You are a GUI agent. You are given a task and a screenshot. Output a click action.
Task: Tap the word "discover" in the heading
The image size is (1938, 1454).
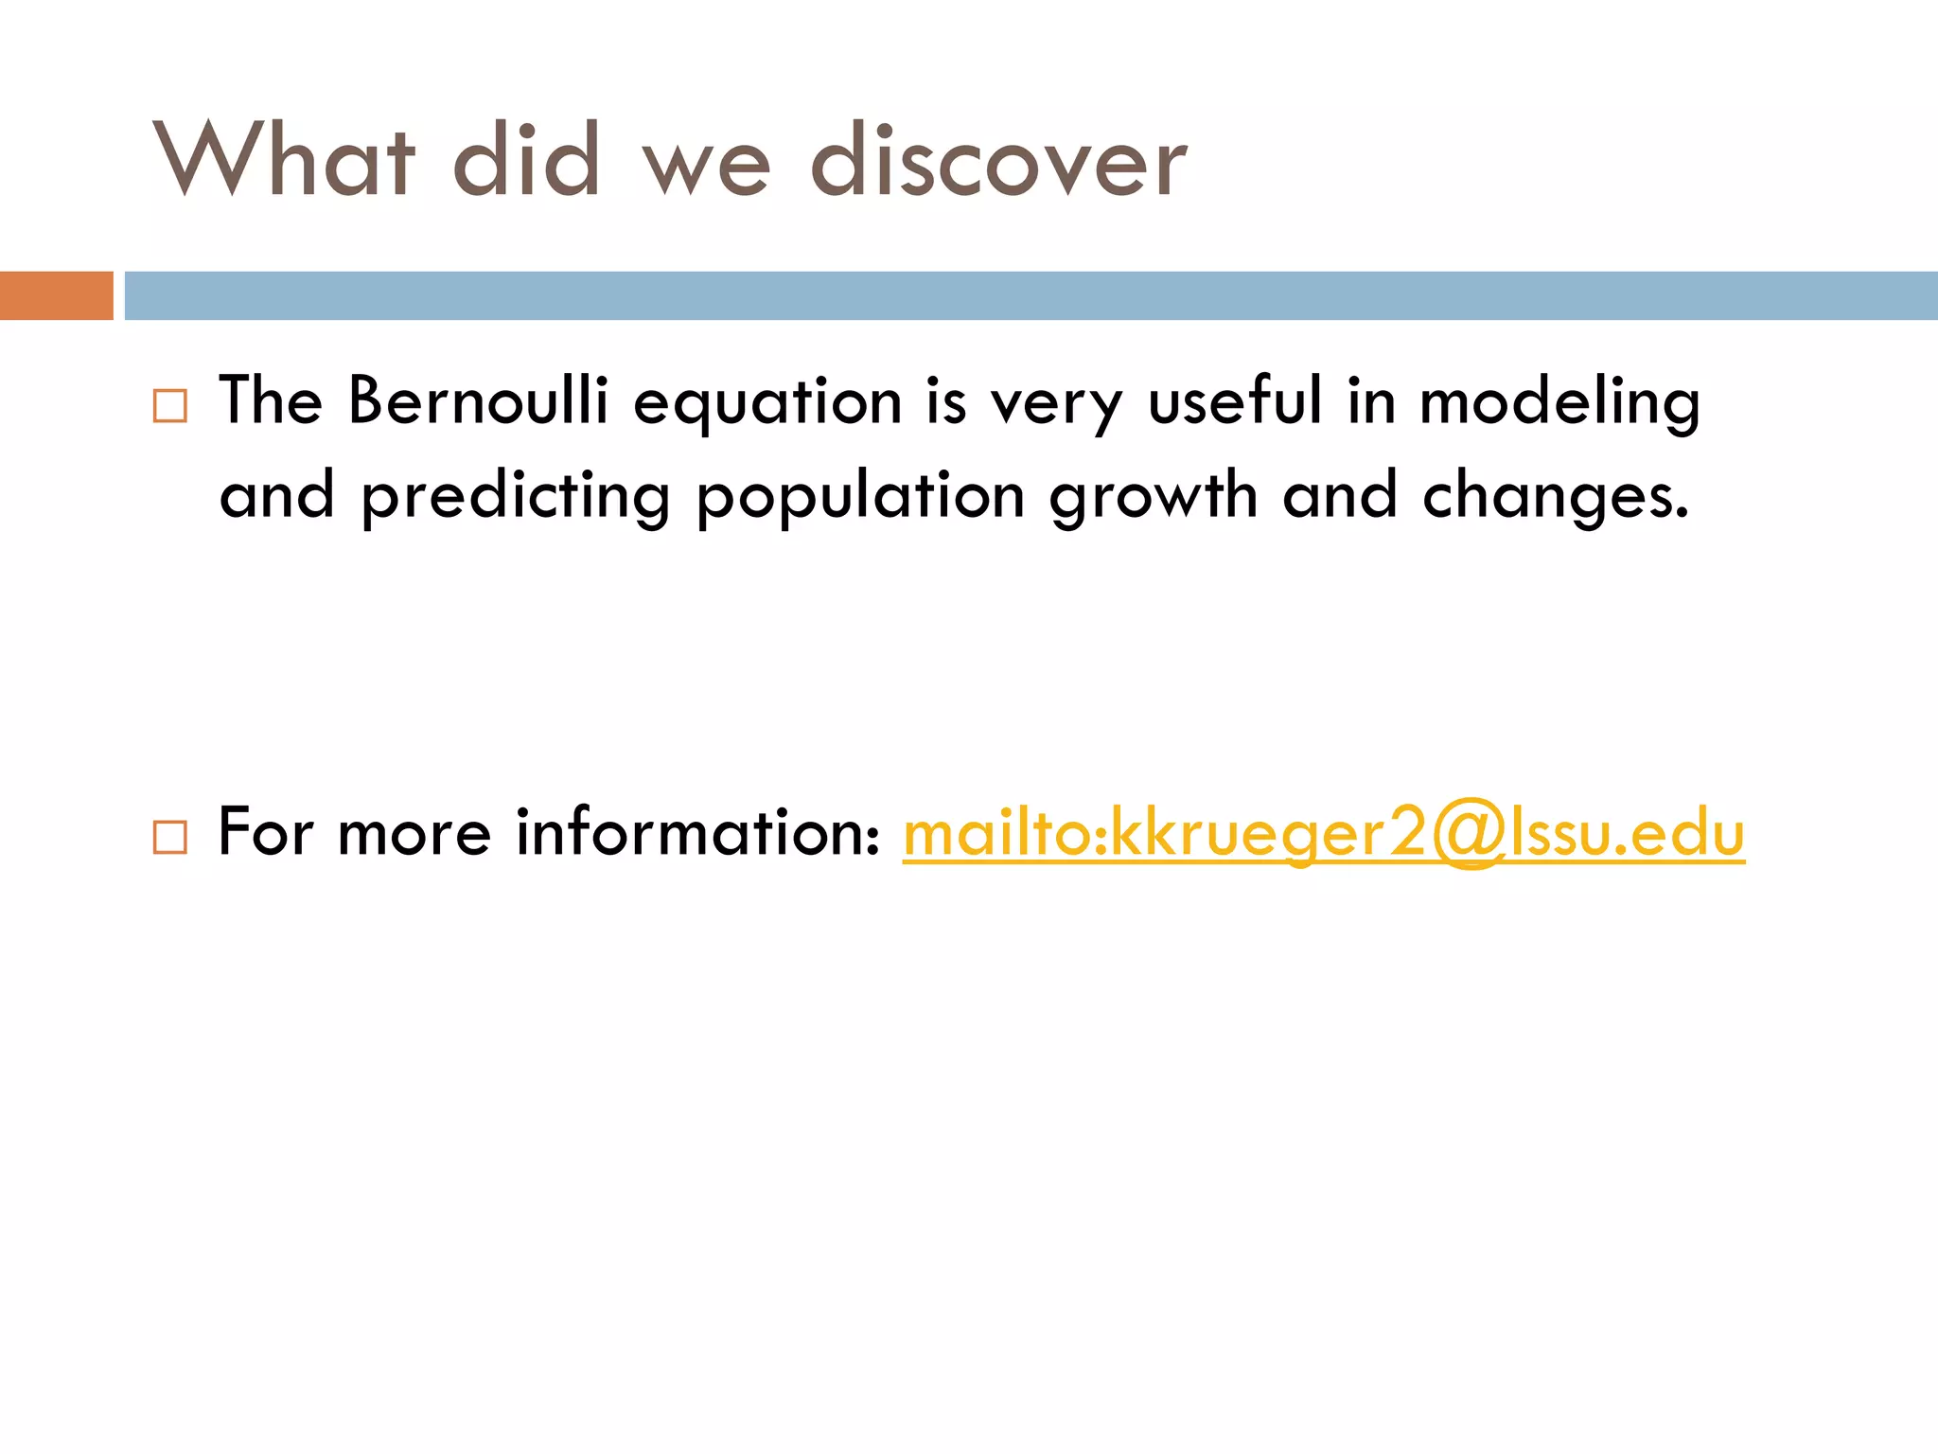point(998,161)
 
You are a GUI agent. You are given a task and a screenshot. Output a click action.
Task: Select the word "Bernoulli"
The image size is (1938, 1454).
point(478,400)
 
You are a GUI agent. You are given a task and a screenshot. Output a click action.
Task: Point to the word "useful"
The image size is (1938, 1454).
point(1234,400)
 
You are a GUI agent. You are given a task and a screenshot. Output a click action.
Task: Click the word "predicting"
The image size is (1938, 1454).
point(516,497)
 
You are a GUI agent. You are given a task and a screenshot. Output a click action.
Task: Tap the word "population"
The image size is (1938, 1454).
point(860,497)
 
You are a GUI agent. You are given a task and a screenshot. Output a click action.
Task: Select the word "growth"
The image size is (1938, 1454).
point(1153,497)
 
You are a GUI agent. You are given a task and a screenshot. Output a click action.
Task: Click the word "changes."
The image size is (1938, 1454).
point(1556,497)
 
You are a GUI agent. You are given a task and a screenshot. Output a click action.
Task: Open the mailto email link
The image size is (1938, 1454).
point(1323,833)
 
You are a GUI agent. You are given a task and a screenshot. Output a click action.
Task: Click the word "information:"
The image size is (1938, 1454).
point(698,833)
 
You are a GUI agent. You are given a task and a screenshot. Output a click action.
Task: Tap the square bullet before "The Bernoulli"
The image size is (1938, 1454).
point(170,406)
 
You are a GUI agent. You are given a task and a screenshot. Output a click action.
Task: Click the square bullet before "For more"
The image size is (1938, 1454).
point(170,837)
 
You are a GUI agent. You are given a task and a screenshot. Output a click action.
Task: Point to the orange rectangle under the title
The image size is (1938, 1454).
point(56,295)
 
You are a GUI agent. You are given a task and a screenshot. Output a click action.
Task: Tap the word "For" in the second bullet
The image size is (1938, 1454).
point(265,833)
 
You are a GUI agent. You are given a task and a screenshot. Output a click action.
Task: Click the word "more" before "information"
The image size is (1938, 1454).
point(414,833)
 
